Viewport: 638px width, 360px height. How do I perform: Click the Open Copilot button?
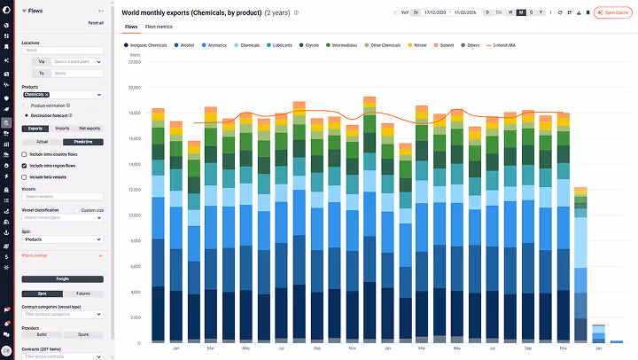pos(612,12)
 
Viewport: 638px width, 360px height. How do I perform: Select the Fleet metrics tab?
pos(158,27)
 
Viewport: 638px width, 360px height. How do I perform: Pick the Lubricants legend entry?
pos(281,43)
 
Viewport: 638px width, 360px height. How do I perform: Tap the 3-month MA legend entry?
pos(502,43)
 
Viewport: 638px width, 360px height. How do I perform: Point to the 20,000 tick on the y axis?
pos(133,88)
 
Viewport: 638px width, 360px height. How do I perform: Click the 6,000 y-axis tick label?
pos(135,266)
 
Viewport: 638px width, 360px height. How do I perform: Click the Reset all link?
pos(96,22)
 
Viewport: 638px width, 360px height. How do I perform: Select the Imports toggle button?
pos(62,128)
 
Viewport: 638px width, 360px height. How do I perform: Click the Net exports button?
pos(90,128)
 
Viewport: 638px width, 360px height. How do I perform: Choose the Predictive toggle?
pos(82,142)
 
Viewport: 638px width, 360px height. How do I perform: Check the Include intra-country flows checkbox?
pos(24,153)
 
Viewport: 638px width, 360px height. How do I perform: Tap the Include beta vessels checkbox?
pos(24,176)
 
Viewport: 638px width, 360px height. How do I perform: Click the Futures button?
pos(82,293)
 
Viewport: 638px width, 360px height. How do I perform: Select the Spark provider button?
pos(82,334)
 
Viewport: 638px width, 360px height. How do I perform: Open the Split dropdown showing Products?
pos(62,239)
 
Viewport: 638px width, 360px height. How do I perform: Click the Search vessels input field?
pos(62,196)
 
